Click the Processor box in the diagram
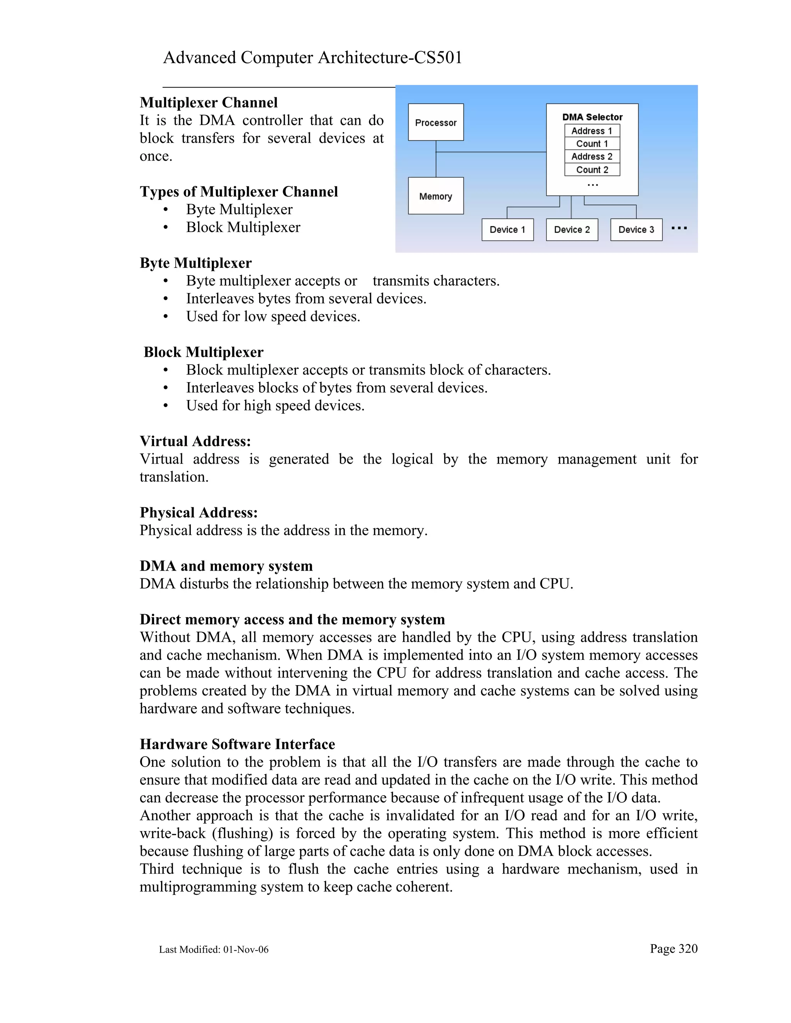[x=435, y=122]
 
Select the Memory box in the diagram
[x=435, y=196]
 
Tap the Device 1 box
[x=507, y=230]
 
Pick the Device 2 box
[x=572, y=230]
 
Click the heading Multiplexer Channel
[x=209, y=103]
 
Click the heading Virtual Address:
[x=195, y=441]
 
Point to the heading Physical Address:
[x=199, y=512]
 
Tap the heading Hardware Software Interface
[x=237, y=744]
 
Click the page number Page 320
[x=673, y=948]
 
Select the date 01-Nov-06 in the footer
[x=246, y=950]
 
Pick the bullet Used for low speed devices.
[x=273, y=317]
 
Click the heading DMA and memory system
[x=226, y=566]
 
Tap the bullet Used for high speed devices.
[x=275, y=406]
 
